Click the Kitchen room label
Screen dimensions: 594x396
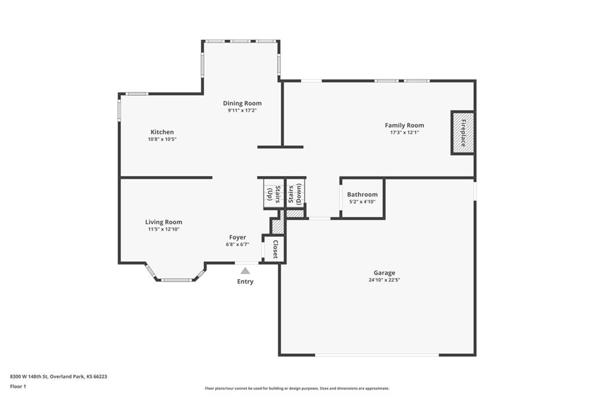tap(162, 132)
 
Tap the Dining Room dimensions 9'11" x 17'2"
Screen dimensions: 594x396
tap(242, 110)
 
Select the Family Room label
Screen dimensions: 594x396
tap(404, 125)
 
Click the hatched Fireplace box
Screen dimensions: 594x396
tap(462, 133)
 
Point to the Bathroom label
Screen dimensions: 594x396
tap(362, 195)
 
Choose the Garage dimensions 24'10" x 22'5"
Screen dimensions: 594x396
tap(384, 280)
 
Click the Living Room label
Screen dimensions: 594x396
tap(164, 222)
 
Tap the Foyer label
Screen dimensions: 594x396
tap(237, 237)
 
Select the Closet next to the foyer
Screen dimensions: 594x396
tap(274, 249)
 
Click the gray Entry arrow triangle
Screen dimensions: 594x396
tap(245, 271)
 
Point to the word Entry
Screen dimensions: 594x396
tap(245, 282)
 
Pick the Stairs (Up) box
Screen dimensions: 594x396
tap(274, 194)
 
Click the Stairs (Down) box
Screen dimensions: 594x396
tap(295, 194)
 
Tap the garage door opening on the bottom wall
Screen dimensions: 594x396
tap(377, 355)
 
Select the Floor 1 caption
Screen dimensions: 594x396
tap(18, 387)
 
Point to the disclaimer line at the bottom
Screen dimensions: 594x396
tap(297, 388)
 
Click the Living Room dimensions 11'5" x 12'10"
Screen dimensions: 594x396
tap(164, 229)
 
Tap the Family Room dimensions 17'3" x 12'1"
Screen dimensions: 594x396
tap(404, 132)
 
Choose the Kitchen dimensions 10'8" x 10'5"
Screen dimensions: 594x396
tap(162, 139)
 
